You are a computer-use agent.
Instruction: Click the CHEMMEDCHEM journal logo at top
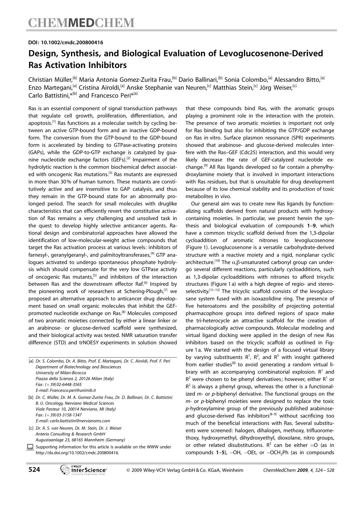[x=81, y=23]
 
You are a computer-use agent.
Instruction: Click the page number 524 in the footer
[x=34, y=470]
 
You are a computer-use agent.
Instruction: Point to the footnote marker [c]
[x=31, y=428]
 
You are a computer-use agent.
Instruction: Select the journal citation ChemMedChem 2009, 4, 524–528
[x=299, y=470]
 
